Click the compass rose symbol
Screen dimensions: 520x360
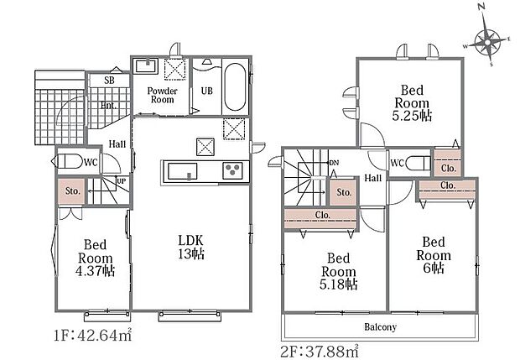pyautogui.click(x=487, y=42)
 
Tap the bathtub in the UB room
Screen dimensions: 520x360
pyautogui.click(x=235, y=87)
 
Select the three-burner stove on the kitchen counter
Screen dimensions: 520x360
pyautogui.click(x=232, y=170)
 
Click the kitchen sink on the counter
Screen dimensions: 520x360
pyautogui.click(x=182, y=171)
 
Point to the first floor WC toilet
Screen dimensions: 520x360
pyautogui.click(x=67, y=161)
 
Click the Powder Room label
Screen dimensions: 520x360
pyautogui.click(x=162, y=95)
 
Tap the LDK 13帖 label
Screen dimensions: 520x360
pyautogui.click(x=190, y=247)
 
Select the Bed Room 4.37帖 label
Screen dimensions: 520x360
pyautogui.click(x=95, y=258)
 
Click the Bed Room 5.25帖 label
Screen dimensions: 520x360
pyautogui.click(x=412, y=103)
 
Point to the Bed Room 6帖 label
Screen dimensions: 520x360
pyautogui.click(x=434, y=255)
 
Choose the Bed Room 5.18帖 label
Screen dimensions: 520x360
pyautogui.click(x=339, y=271)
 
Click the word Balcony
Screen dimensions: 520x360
pyautogui.click(x=381, y=326)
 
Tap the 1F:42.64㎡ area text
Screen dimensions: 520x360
pyautogui.click(x=93, y=336)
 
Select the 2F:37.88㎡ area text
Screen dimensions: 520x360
pyautogui.click(x=320, y=351)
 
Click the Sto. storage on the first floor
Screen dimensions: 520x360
pyautogui.click(x=72, y=190)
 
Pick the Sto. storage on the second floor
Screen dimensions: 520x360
pyautogui.click(x=344, y=192)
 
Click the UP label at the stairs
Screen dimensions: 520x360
pyautogui.click(x=122, y=181)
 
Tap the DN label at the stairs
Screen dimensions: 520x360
pyautogui.click(x=335, y=163)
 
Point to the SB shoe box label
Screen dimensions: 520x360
pyautogui.click(x=109, y=81)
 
